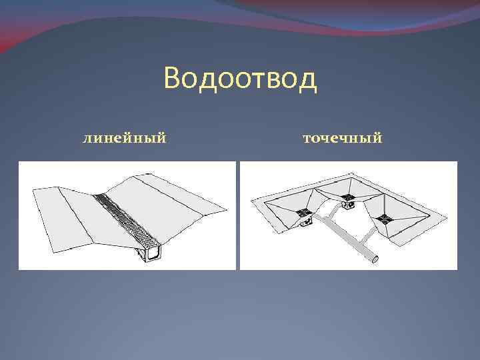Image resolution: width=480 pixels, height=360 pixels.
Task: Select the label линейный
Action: coord(124,139)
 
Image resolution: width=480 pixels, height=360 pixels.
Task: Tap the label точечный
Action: coord(342,139)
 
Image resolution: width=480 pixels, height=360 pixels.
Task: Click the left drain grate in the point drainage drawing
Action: coord(304,213)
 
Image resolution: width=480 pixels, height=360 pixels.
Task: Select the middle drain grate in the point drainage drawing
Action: coord(347,196)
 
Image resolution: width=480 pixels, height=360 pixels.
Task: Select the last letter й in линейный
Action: coord(161,139)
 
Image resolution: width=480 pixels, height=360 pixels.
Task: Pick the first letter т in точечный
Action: coord(307,139)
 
